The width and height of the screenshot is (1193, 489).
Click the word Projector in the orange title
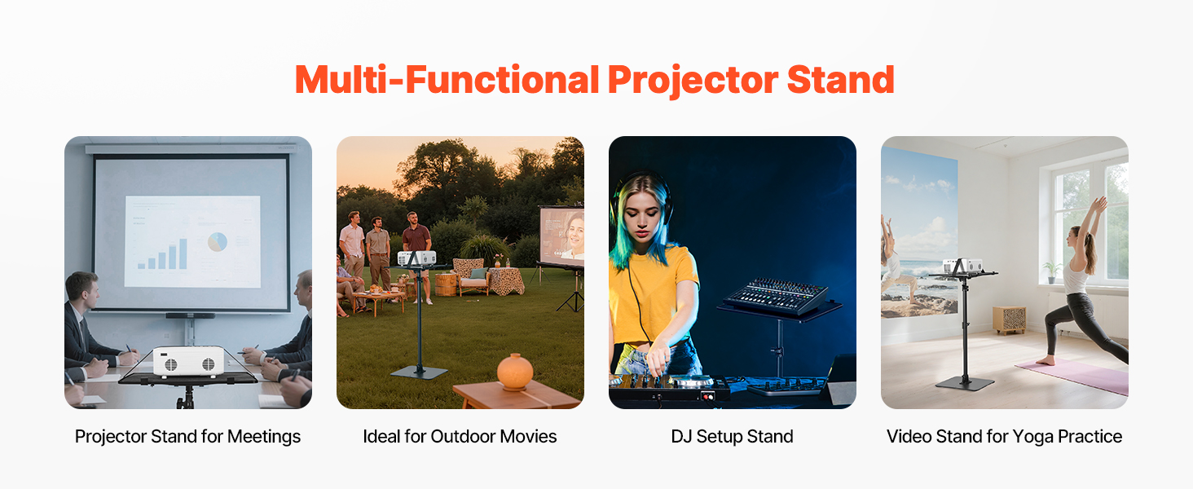click(693, 81)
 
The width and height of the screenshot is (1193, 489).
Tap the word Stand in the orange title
click(840, 80)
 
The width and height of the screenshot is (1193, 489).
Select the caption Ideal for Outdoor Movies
click(460, 437)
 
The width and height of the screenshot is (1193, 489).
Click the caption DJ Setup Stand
click(732, 437)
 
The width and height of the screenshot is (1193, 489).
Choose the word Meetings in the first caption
click(264, 438)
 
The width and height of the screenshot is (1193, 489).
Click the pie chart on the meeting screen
click(218, 242)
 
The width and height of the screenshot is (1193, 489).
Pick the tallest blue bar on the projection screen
click(183, 253)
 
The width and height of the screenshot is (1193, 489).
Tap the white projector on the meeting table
click(188, 361)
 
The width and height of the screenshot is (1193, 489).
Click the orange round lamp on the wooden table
click(514, 372)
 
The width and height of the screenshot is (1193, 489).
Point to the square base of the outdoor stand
click(419, 373)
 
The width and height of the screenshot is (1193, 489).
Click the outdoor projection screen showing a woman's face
click(562, 236)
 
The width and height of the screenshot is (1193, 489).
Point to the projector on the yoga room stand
click(962, 266)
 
